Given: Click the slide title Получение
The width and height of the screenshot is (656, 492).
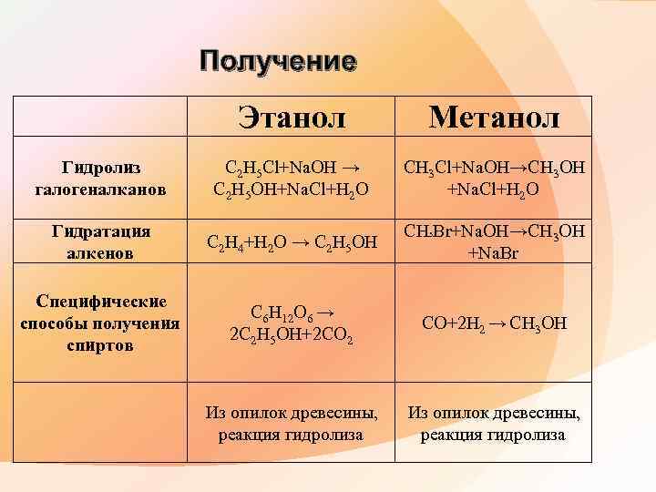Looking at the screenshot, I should click(x=278, y=62).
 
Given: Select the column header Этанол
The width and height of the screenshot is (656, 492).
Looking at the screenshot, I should click(x=292, y=116).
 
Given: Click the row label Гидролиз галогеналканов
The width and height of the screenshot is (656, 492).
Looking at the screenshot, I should click(x=100, y=179).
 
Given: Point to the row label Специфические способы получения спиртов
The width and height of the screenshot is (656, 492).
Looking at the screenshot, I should click(x=100, y=323).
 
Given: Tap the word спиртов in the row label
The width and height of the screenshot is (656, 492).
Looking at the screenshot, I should click(x=100, y=345).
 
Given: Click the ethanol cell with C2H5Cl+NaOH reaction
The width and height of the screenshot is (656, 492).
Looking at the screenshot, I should click(x=292, y=179).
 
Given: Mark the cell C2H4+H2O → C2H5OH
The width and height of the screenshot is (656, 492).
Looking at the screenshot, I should click(x=292, y=243).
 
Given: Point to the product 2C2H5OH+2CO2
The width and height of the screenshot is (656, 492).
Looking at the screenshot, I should click(x=292, y=333).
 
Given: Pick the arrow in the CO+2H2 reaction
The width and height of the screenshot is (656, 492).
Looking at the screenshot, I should click(x=499, y=322).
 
